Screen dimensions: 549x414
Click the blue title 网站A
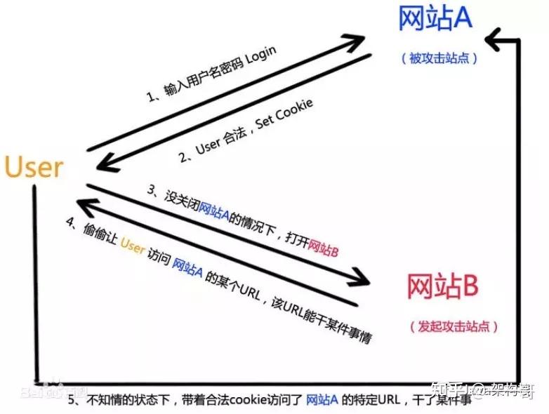[x=435, y=19]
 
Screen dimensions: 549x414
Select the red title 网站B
[x=443, y=286]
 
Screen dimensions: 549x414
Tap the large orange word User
[x=34, y=167]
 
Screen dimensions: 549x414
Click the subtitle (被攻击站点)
[x=439, y=58]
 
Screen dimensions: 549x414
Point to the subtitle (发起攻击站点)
[x=453, y=326]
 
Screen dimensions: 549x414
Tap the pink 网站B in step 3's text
[x=323, y=247]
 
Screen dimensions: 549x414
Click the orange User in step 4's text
[x=133, y=245]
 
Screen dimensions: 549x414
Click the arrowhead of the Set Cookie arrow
[x=105, y=163]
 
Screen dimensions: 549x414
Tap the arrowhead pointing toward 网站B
[x=362, y=277]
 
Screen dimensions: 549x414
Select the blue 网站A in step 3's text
[x=215, y=210]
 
